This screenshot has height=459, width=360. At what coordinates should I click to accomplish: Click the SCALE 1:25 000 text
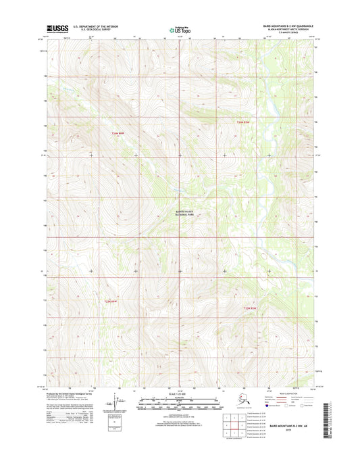[180, 393]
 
